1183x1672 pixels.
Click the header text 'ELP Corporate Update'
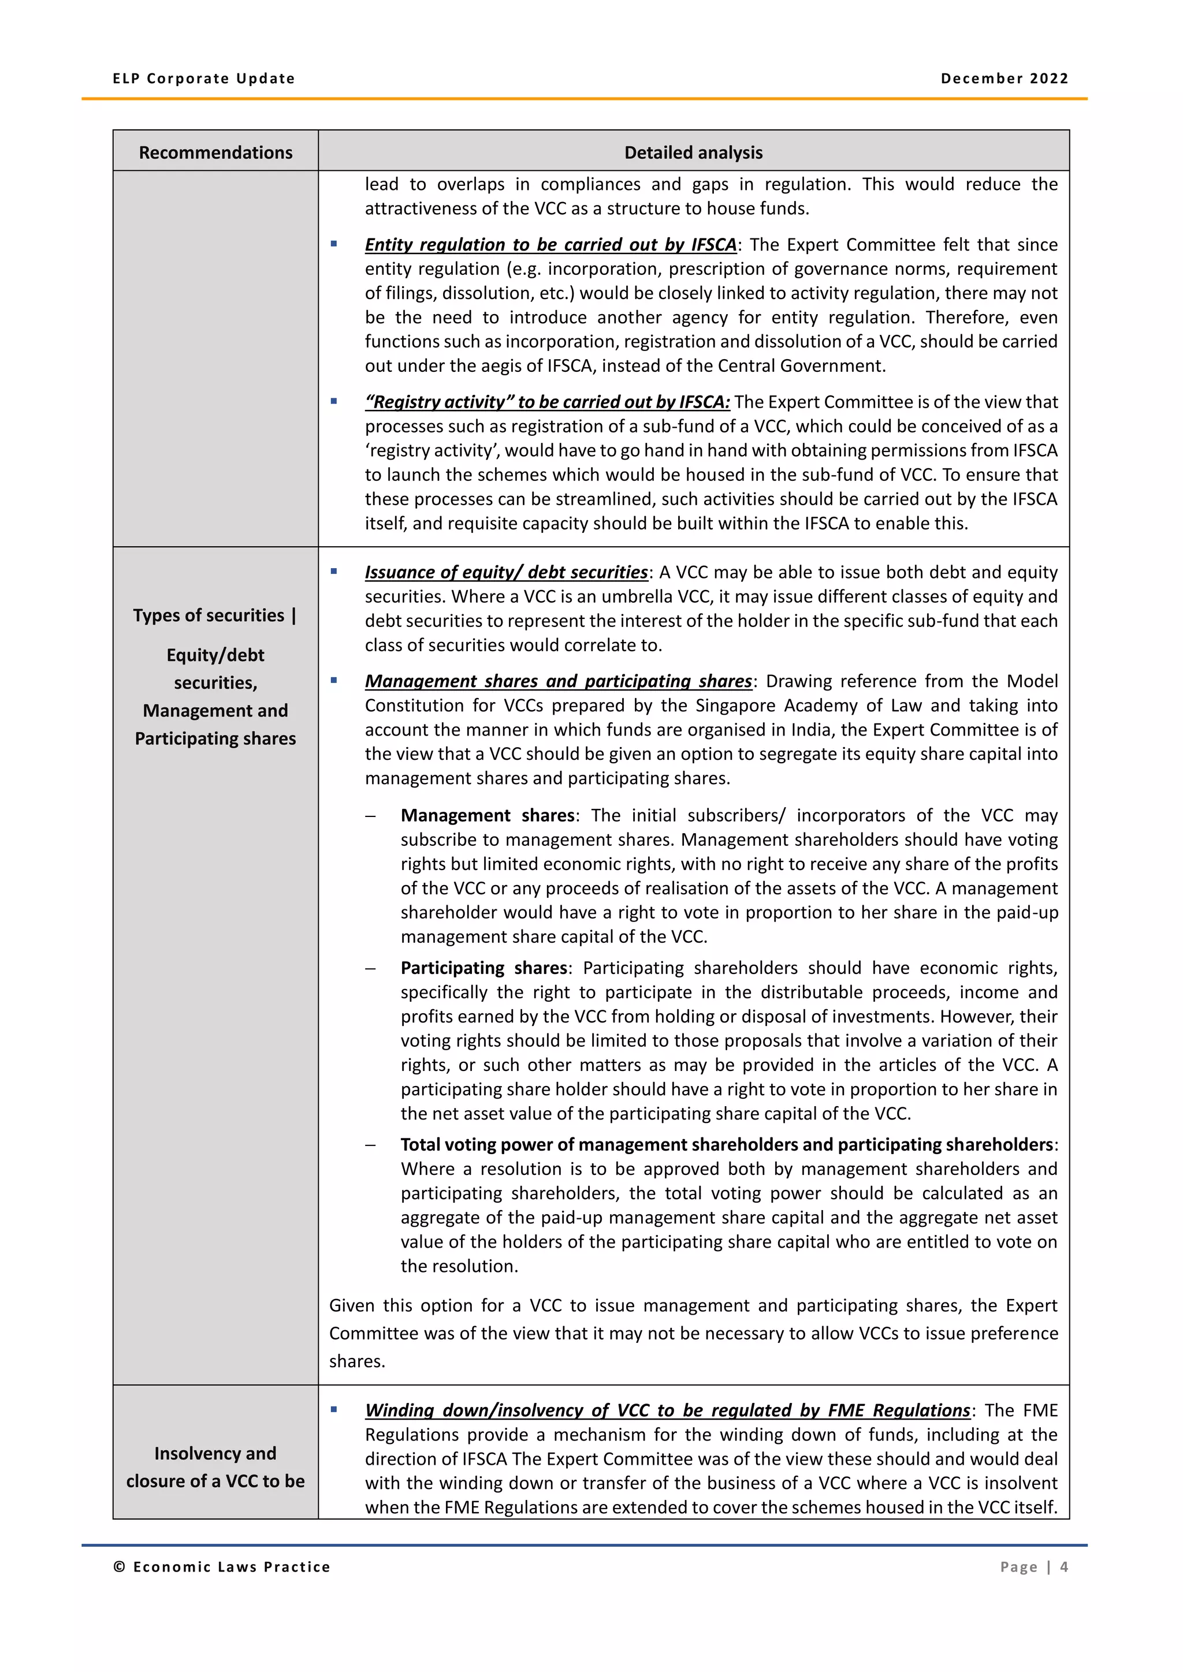point(203,79)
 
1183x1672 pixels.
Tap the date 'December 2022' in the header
point(1004,79)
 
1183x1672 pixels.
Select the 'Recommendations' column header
point(215,152)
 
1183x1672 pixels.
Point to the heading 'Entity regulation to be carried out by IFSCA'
point(550,245)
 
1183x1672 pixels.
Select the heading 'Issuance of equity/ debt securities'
point(505,572)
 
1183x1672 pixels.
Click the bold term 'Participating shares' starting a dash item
point(483,968)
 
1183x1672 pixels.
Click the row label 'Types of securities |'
point(215,615)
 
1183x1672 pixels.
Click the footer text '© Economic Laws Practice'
point(221,1567)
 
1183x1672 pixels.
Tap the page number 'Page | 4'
point(1033,1567)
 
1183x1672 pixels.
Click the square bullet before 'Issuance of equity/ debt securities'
point(334,572)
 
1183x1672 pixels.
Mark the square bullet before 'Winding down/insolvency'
point(334,1410)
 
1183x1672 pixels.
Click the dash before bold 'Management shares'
point(371,816)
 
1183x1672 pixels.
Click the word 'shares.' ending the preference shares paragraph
point(356,1362)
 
